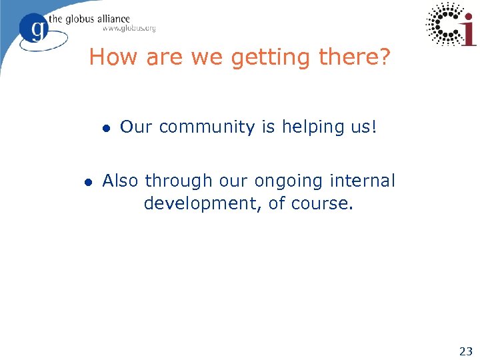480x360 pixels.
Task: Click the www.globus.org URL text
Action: pyautogui.click(x=129, y=29)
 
